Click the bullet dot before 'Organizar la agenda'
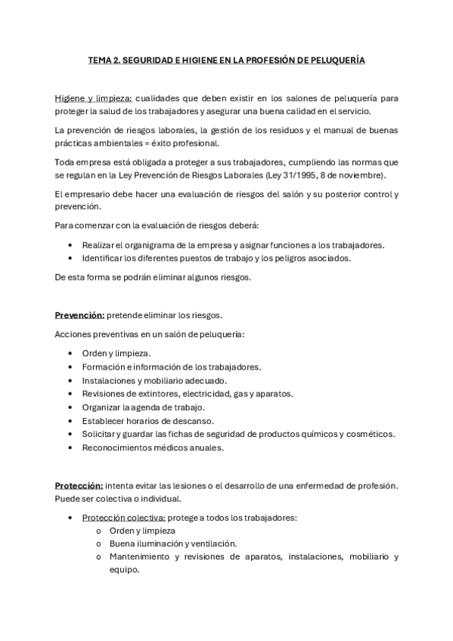point(70,407)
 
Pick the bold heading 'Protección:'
point(79,485)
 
